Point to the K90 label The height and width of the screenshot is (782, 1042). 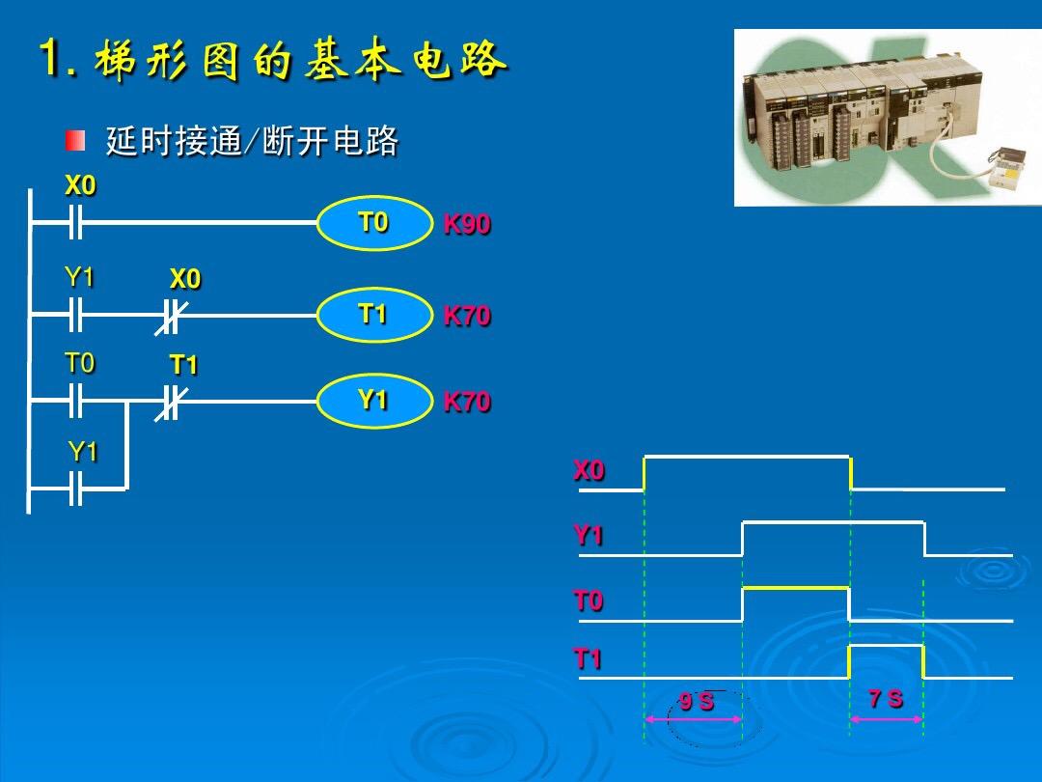click(x=467, y=224)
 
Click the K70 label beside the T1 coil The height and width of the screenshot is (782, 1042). click(x=467, y=315)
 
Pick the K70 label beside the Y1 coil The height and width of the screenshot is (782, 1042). click(x=467, y=402)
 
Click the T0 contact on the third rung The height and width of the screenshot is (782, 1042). click(x=76, y=402)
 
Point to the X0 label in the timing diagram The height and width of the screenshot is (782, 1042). click(x=589, y=471)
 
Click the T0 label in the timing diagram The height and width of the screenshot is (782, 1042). click(x=589, y=601)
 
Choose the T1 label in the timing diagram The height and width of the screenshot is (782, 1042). click(x=589, y=659)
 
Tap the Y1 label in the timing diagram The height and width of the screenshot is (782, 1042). click(x=589, y=535)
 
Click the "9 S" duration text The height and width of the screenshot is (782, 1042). click(x=697, y=702)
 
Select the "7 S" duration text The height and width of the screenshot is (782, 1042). click(x=886, y=699)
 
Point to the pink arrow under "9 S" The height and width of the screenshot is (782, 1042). click(x=693, y=719)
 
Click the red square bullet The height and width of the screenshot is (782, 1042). click(x=75, y=141)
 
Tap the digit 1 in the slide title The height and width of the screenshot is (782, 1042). click(x=49, y=57)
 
